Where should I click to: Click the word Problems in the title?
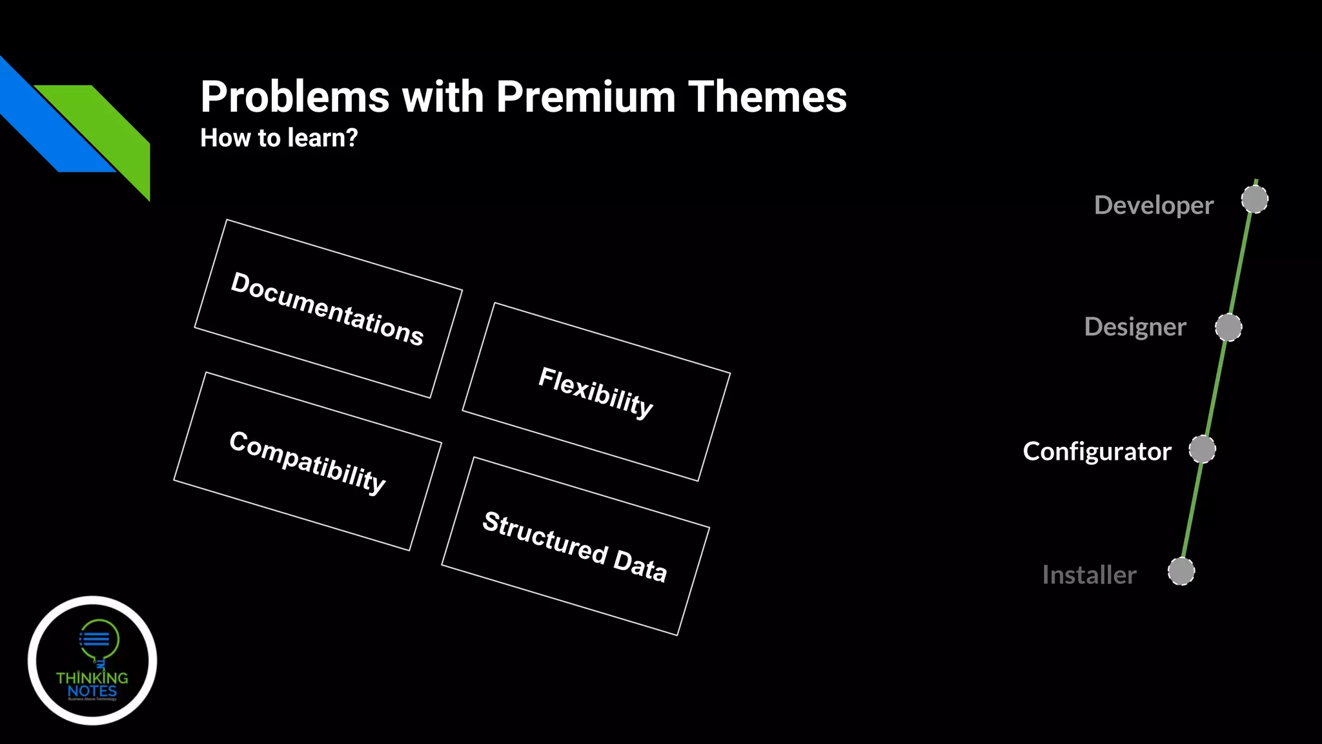pyautogui.click(x=295, y=97)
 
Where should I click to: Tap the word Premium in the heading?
pyautogui.click(x=585, y=97)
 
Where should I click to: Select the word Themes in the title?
pyautogui.click(x=767, y=97)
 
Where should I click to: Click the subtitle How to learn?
pyautogui.click(x=279, y=138)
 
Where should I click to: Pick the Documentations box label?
pyautogui.click(x=327, y=309)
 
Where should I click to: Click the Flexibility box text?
pyautogui.click(x=596, y=391)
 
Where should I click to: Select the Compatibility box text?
pyautogui.click(x=307, y=461)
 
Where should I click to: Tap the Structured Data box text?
pyautogui.click(x=575, y=546)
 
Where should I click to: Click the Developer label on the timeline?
pyautogui.click(x=1154, y=205)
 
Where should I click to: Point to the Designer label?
pyautogui.click(x=1135, y=327)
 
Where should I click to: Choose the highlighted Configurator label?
pyautogui.click(x=1097, y=451)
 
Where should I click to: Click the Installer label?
pyautogui.click(x=1089, y=575)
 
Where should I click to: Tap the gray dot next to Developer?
pyautogui.click(x=1254, y=200)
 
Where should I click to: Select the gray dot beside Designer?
pyautogui.click(x=1228, y=327)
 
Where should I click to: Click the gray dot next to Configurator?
pyautogui.click(x=1202, y=449)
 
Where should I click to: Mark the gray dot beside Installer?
pyautogui.click(x=1181, y=572)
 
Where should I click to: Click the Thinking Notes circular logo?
pyautogui.click(x=92, y=660)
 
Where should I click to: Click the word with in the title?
pyautogui.click(x=443, y=97)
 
